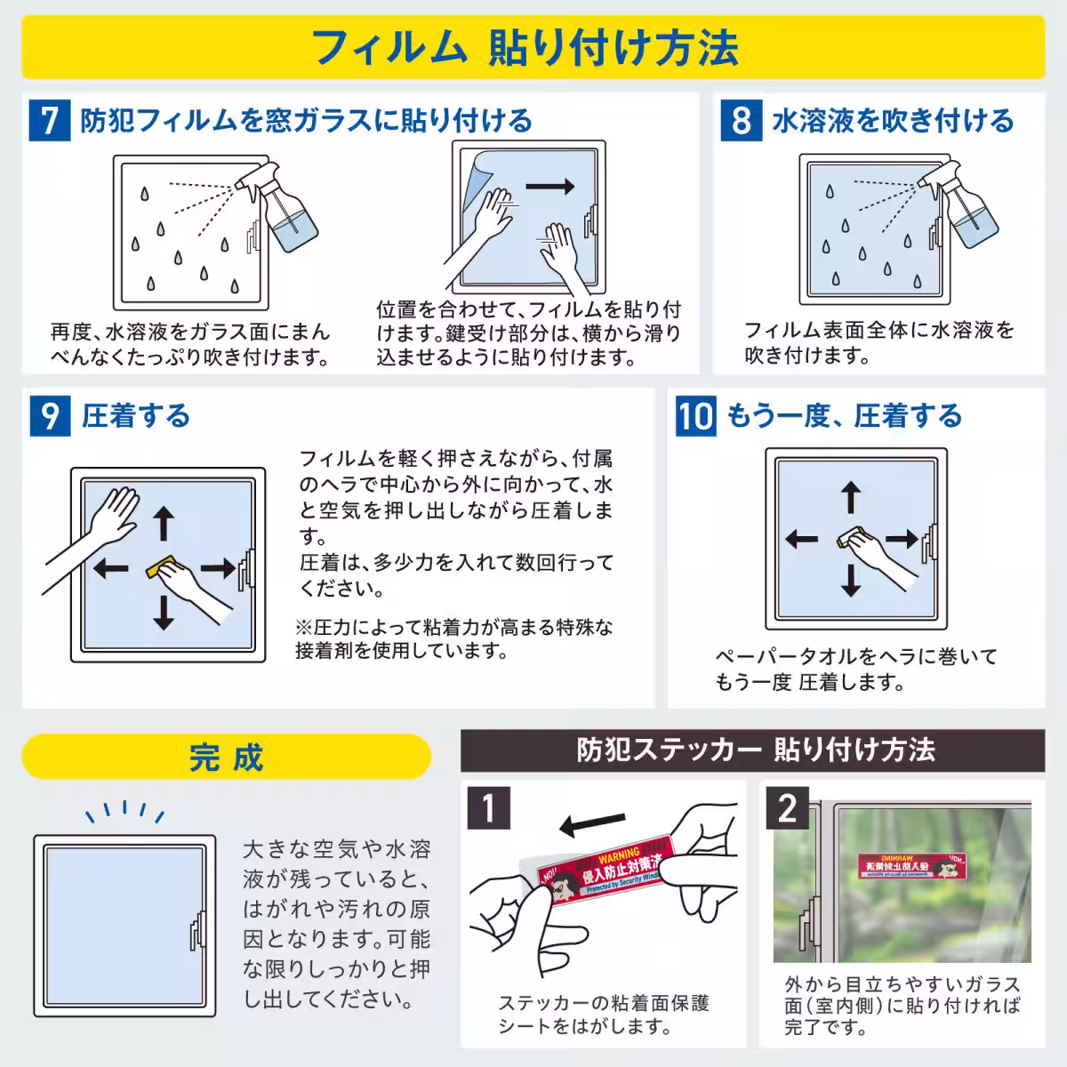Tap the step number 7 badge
tap(50, 120)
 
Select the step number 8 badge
tap(741, 120)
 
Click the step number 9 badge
tap(50, 415)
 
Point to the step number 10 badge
tap(694, 415)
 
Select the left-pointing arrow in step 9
tap(111, 568)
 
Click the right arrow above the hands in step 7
tap(550, 187)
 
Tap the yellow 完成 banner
tap(226, 757)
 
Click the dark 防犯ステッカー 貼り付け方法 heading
tap(752, 750)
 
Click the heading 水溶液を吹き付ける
tap(893, 120)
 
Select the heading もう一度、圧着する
tap(845, 415)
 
